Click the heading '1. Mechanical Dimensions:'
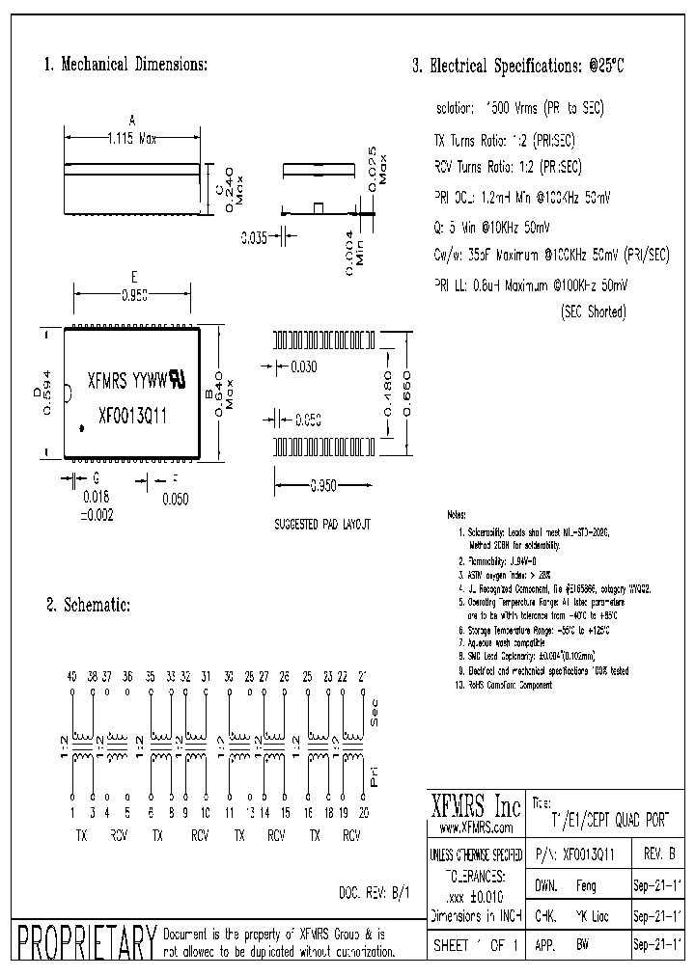click(x=125, y=66)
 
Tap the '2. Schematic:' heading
click(x=88, y=606)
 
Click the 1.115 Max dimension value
click(x=132, y=139)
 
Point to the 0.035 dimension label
click(x=254, y=237)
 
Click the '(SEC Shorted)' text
click(x=593, y=312)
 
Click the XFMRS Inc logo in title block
click(x=474, y=806)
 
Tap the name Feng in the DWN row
click(x=585, y=883)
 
